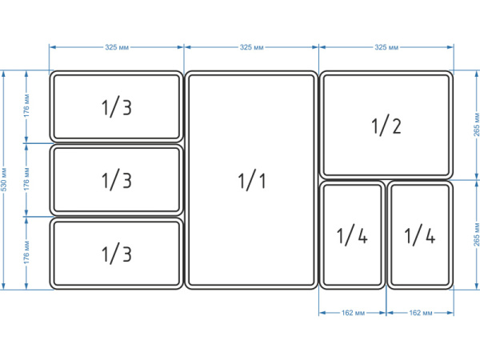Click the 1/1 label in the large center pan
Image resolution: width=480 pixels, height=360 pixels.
click(252, 180)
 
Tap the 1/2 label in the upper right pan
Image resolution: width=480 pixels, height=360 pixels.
click(386, 125)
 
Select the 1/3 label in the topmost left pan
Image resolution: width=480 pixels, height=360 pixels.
click(117, 106)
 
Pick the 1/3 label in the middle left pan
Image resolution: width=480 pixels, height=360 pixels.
click(117, 180)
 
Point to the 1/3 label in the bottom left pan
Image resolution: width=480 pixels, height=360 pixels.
click(117, 253)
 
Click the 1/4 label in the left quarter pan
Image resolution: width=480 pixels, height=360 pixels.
click(352, 234)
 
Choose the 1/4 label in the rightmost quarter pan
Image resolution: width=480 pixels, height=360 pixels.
click(420, 234)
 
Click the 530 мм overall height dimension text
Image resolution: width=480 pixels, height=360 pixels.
click(4, 179)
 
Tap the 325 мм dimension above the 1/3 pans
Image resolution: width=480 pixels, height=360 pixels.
click(117, 47)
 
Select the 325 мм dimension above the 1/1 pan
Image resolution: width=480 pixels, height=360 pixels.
click(252, 47)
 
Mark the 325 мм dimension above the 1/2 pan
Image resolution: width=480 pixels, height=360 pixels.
click(386, 47)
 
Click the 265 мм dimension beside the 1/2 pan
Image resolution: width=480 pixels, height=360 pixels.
click(476, 125)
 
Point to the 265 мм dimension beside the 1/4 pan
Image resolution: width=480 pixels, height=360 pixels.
click(476, 234)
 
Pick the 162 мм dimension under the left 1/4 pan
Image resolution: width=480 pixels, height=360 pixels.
click(353, 313)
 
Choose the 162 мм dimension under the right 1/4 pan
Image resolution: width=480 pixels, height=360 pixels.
click(421, 313)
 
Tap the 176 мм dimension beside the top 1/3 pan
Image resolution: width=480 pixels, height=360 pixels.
click(26, 106)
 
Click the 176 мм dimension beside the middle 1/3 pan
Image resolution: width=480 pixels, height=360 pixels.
click(26, 179)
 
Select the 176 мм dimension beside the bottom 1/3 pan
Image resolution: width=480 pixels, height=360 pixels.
click(26, 253)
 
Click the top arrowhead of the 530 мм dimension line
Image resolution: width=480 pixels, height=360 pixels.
click(4, 74)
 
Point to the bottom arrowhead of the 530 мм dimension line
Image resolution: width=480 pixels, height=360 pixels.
click(4, 286)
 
